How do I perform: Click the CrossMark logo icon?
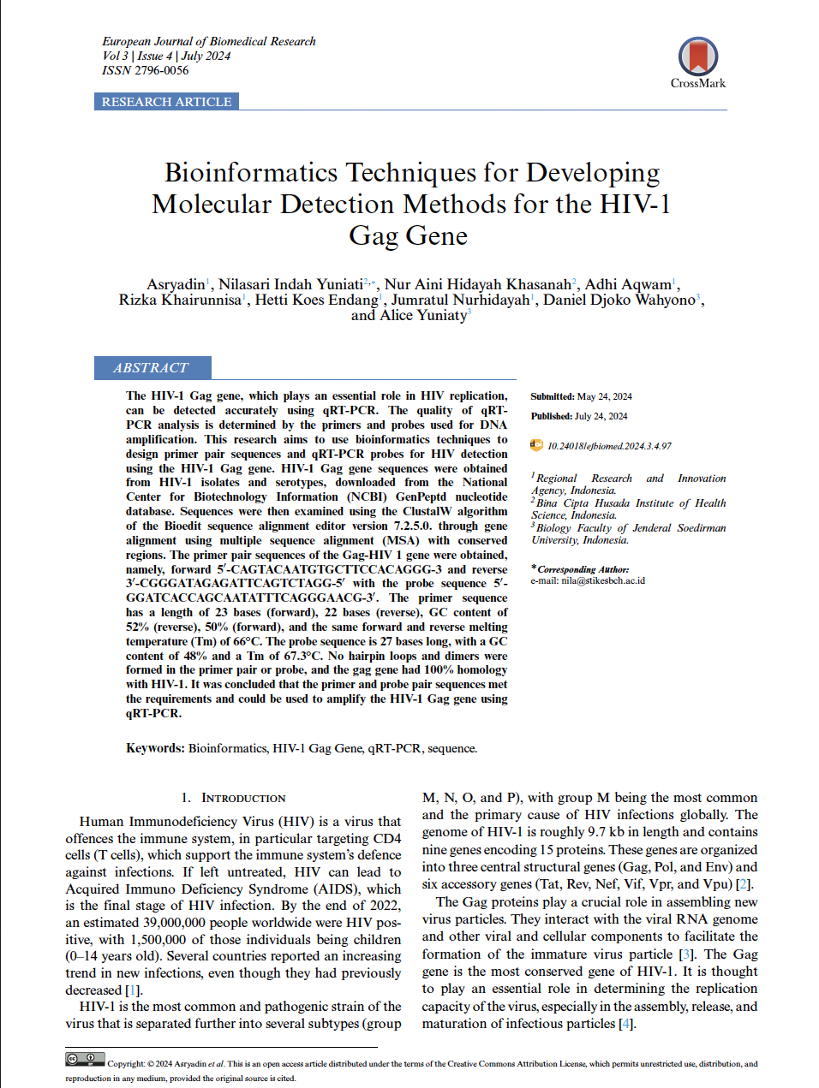(x=697, y=58)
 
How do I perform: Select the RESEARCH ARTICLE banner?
(x=166, y=102)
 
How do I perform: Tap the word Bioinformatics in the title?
(x=251, y=172)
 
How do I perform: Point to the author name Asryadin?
(x=176, y=284)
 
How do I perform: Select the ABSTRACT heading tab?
(x=152, y=368)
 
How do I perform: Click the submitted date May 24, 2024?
(x=604, y=396)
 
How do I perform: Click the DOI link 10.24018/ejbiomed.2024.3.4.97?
(x=609, y=446)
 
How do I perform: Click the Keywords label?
(x=155, y=748)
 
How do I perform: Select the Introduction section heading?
(x=242, y=798)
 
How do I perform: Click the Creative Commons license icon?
(x=85, y=1060)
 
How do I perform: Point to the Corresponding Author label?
(x=583, y=569)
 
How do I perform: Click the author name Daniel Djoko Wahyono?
(x=619, y=300)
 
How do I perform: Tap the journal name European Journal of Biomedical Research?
(x=209, y=41)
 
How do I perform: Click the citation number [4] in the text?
(x=625, y=1024)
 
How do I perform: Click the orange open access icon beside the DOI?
(x=537, y=445)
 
